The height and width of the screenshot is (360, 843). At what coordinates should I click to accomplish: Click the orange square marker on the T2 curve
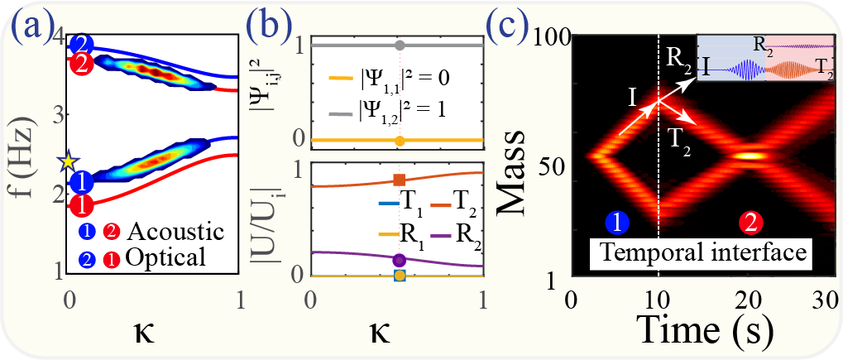coord(399,180)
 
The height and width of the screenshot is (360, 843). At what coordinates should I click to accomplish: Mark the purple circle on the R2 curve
coord(399,259)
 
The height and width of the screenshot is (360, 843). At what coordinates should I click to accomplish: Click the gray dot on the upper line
coord(399,46)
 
